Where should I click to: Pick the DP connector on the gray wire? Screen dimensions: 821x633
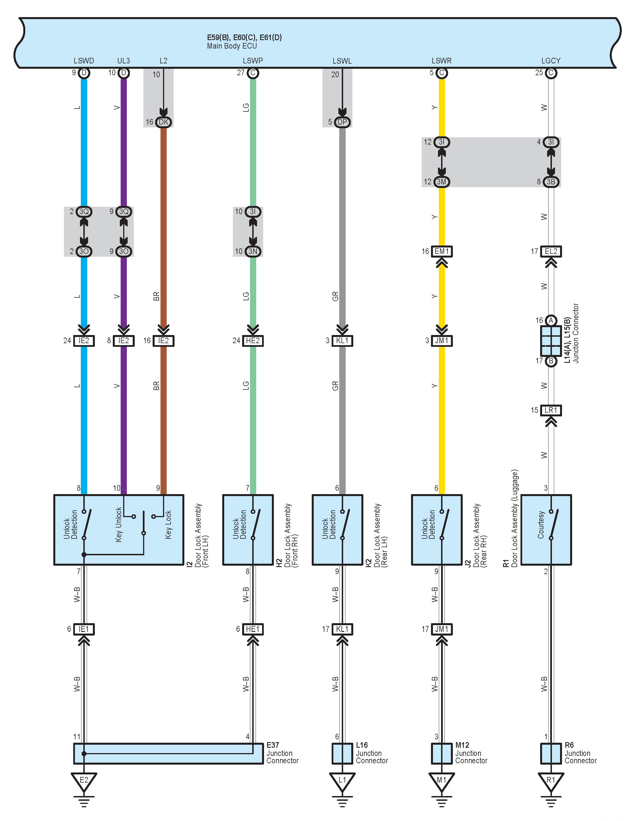(x=342, y=122)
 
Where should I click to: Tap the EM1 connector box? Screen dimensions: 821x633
(x=442, y=251)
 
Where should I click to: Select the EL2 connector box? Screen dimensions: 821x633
(x=551, y=251)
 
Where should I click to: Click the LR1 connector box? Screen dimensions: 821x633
(x=551, y=410)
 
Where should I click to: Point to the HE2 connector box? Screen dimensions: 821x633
(x=253, y=341)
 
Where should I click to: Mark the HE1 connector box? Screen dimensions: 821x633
(x=253, y=629)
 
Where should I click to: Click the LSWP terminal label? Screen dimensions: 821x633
(x=253, y=61)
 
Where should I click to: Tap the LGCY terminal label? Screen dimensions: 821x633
(x=551, y=61)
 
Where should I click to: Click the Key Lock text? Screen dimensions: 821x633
(x=168, y=525)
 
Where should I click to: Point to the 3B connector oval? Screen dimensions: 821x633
(x=551, y=182)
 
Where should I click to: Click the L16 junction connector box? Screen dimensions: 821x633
(x=342, y=754)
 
